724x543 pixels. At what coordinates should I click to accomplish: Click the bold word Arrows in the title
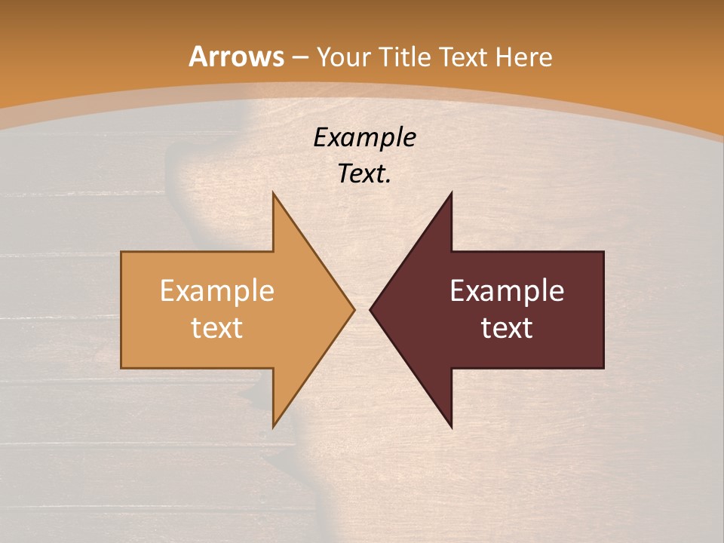236,57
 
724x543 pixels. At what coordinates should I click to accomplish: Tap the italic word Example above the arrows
364,137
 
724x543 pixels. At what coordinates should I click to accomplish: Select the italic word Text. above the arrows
364,173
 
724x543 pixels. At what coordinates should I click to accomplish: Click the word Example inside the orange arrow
217,290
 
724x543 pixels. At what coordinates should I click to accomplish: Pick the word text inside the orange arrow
217,327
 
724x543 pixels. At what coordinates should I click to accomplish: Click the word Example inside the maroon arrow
507,290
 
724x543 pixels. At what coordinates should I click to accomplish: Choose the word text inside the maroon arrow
507,327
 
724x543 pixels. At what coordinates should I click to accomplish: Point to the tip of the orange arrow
354,309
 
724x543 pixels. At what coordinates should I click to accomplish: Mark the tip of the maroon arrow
370,309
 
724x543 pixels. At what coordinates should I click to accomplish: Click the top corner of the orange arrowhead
273,193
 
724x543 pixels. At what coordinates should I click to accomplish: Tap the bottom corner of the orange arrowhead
273,427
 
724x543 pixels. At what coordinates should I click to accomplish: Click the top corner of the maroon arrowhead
452,193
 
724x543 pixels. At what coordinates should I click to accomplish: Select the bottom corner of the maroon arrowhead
452,427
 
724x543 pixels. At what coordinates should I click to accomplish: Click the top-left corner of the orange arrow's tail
121,252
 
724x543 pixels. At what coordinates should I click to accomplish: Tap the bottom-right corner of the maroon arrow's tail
603,367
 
